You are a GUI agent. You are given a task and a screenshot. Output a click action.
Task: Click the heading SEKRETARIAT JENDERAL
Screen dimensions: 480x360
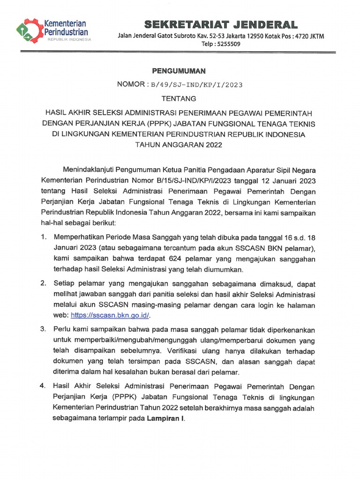tap(220, 24)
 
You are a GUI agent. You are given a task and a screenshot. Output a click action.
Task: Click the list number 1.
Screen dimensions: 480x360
tap(43, 238)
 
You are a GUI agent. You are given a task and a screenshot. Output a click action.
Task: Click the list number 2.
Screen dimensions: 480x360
tap(43, 283)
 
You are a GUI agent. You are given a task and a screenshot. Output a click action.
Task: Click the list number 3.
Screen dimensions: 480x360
tap(43, 329)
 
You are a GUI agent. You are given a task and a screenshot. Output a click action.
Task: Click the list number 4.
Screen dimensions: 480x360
tap(43, 386)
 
